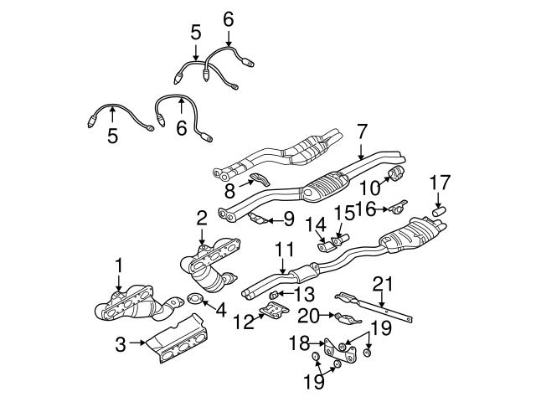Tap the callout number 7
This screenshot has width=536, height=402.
pyautogui.click(x=361, y=131)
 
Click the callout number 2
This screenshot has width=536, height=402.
pyautogui.click(x=201, y=219)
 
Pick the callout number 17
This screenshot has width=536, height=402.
pyautogui.click(x=440, y=181)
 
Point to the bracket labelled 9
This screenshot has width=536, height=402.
pyautogui.click(x=260, y=220)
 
